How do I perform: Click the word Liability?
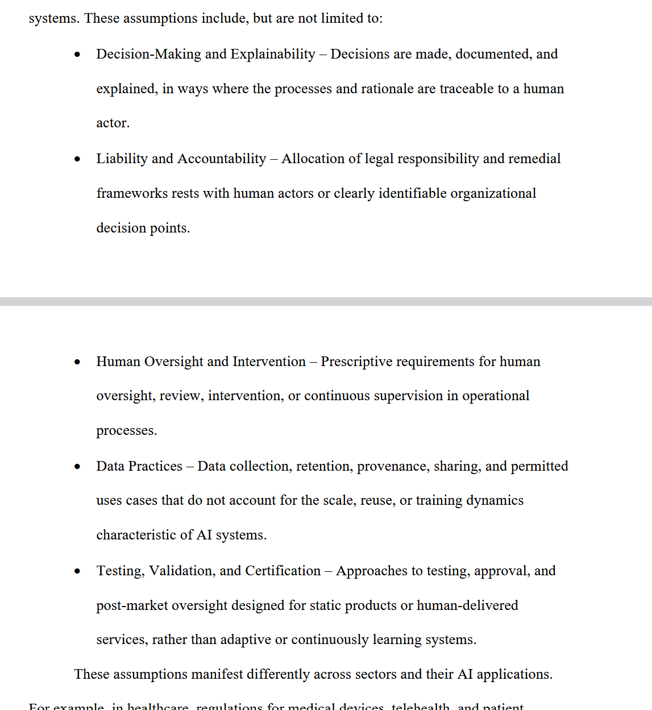point(122,159)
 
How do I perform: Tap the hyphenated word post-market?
point(132,606)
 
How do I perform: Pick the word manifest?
point(217,675)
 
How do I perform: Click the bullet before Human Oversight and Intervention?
point(77,362)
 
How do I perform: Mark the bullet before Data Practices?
point(77,467)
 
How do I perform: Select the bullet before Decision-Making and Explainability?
point(77,55)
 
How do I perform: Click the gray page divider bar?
point(326,301)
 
